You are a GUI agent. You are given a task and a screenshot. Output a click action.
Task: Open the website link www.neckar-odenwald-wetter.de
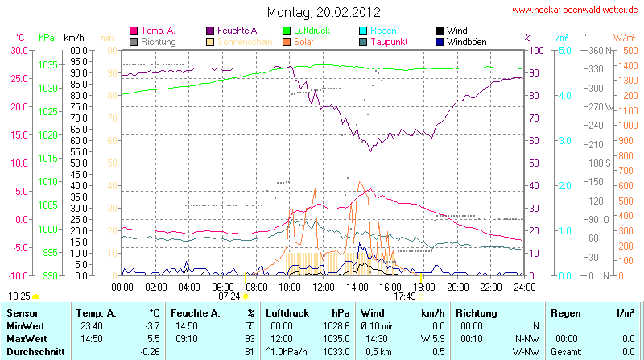point(576,10)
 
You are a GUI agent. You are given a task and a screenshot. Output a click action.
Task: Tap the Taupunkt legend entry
point(390,41)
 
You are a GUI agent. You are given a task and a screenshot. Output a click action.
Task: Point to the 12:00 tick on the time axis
point(324,286)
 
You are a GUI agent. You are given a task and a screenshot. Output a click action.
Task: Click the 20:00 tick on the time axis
point(457,286)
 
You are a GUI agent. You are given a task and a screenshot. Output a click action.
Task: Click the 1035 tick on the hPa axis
point(47,64)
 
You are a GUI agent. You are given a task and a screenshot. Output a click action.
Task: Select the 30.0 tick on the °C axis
point(18,50)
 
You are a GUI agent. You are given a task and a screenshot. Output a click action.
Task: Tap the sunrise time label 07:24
point(229,296)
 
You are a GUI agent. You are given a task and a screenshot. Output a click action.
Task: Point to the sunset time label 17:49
point(405,296)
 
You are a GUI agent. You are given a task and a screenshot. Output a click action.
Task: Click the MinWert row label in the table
point(26,325)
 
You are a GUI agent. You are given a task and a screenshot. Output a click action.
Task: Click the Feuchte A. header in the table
point(196,312)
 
